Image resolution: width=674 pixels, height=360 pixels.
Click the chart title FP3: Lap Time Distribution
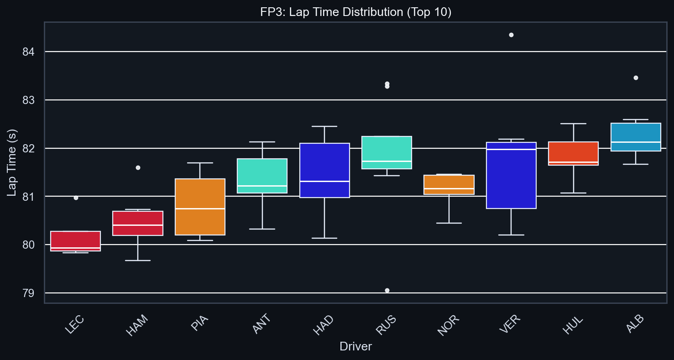[355, 12]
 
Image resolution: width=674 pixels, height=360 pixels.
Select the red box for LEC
[75, 240]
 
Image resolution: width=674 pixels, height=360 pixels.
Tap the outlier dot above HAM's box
[138, 167]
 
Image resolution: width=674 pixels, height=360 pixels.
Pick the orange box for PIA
[200, 207]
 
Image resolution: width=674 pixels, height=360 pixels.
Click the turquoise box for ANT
[262, 176]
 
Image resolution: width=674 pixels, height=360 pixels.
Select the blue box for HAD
[324, 170]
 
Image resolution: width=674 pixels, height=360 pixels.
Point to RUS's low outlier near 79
[387, 290]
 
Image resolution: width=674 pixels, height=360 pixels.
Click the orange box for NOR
[449, 184]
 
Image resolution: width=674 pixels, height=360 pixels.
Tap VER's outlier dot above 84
[511, 35]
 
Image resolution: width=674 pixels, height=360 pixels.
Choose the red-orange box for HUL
[573, 153]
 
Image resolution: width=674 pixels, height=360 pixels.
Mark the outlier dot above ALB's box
[636, 78]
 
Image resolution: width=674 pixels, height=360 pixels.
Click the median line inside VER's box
[511, 149]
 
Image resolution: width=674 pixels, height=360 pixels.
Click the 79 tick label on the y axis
[28, 293]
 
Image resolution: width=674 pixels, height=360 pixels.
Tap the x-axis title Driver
[355, 347]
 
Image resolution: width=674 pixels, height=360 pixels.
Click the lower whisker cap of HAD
[324, 238]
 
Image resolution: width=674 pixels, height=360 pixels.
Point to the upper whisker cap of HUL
[573, 124]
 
